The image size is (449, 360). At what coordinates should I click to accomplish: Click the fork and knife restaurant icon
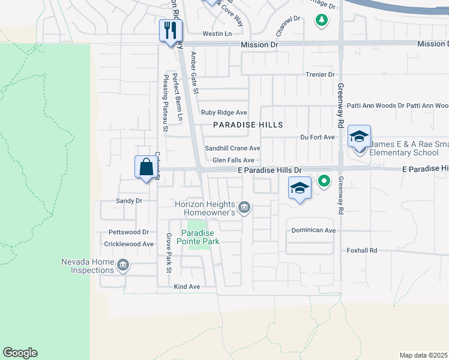click(x=170, y=30)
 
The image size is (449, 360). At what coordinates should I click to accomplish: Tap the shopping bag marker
click(x=146, y=167)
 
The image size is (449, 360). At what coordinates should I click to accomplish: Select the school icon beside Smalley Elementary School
click(x=359, y=136)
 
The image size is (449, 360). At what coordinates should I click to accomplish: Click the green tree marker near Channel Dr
click(x=322, y=20)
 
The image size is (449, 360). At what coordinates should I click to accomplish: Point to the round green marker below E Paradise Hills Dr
click(x=324, y=181)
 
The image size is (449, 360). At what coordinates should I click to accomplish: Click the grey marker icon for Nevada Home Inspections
click(x=122, y=265)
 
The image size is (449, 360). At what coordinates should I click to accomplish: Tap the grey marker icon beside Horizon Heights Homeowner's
click(x=244, y=208)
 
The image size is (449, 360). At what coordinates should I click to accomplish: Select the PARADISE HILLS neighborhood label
click(x=248, y=124)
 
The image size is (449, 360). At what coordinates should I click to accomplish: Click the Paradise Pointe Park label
click(x=200, y=237)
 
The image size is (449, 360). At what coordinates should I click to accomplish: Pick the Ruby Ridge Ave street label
click(x=224, y=112)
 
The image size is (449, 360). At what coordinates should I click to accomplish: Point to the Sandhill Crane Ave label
click(x=232, y=148)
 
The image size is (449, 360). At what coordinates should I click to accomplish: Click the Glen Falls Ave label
click(x=234, y=160)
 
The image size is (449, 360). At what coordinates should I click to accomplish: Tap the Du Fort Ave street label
click(x=318, y=137)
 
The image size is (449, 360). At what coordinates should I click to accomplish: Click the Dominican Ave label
click(x=313, y=230)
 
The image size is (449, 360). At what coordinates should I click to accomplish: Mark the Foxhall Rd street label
click(x=361, y=250)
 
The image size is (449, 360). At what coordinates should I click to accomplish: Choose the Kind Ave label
click(x=186, y=287)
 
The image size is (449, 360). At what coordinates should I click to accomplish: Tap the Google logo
click(x=20, y=353)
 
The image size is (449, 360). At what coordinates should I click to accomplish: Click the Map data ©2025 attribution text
click(x=423, y=355)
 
